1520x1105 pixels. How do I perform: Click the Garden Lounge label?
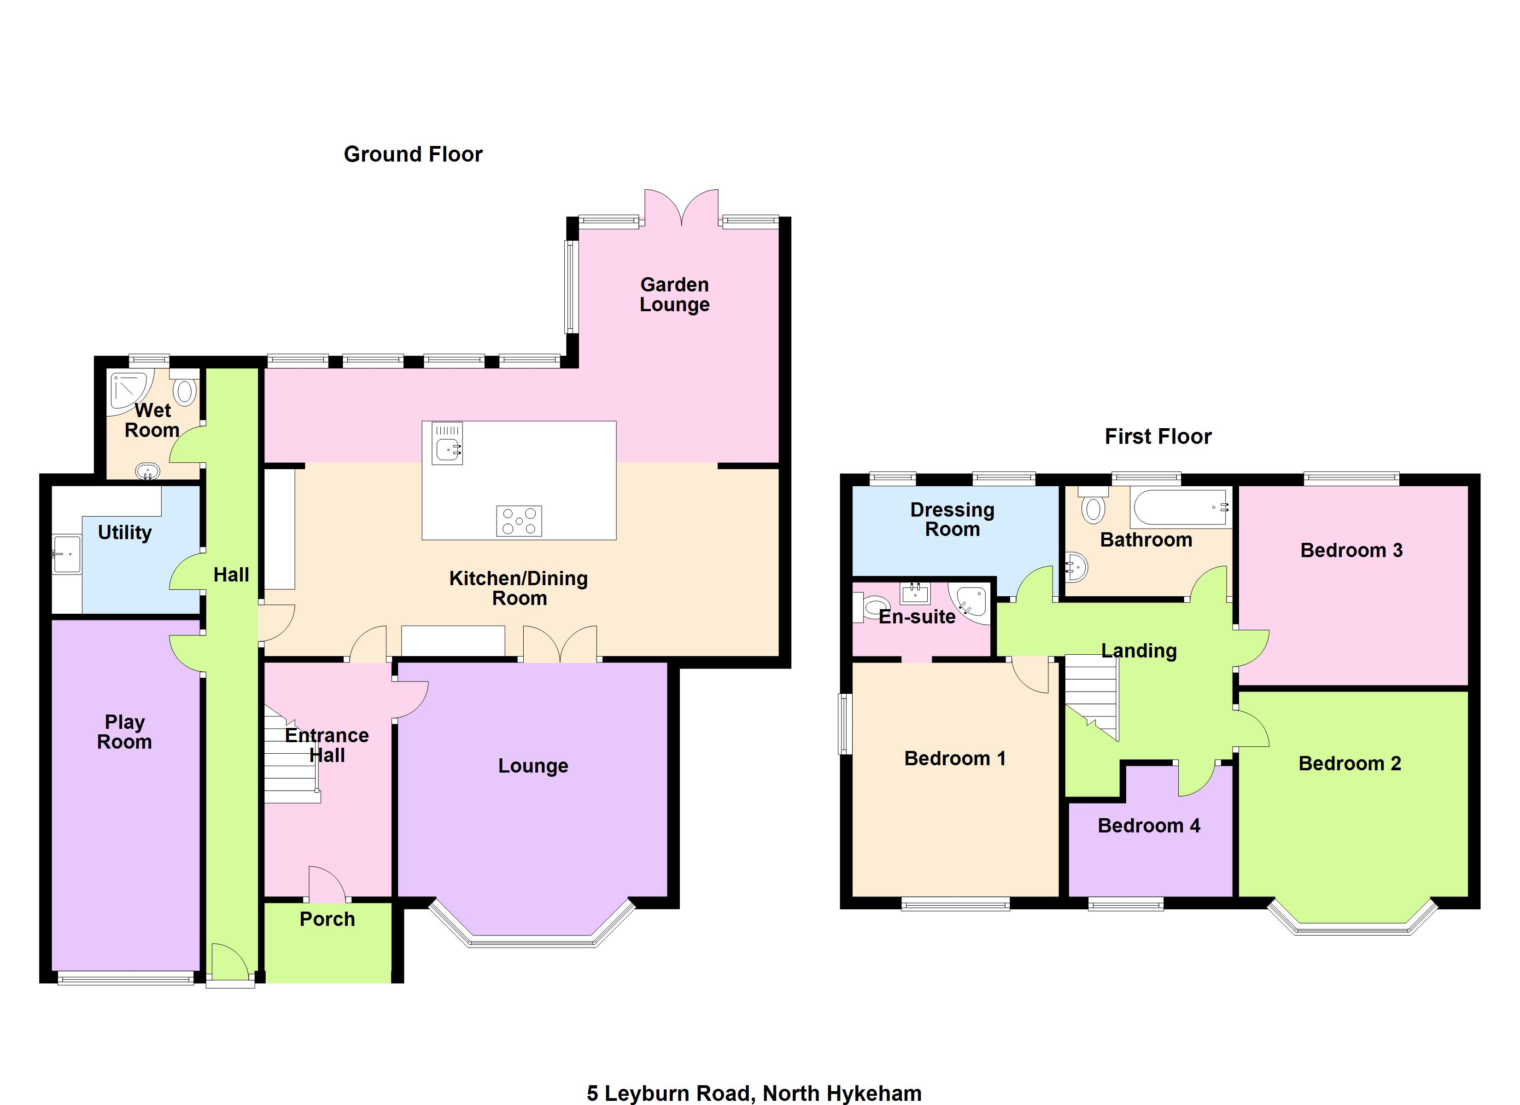click(674, 294)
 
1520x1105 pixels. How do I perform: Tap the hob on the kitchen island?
click(519, 521)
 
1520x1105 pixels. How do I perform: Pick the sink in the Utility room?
click(67, 553)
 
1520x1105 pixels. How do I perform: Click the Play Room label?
click(125, 732)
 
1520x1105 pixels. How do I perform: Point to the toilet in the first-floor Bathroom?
click(1093, 505)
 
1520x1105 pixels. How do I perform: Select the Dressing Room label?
click(953, 519)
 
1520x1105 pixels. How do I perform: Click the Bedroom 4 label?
click(1149, 826)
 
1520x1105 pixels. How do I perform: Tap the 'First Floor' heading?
click(1158, 437)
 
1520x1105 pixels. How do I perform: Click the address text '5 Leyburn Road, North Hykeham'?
click(754, 1093)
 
